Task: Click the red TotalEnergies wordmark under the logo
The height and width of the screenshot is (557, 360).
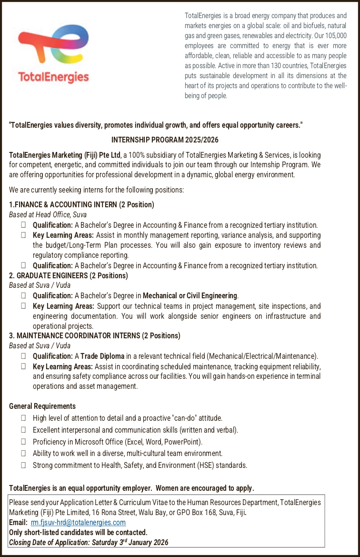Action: coord(53,77)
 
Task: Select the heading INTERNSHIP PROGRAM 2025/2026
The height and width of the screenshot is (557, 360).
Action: coord(164,140)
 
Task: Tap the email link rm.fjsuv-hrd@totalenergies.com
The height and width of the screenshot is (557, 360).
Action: coord(78,522)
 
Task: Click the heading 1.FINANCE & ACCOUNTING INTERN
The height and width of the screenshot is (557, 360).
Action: coord(81,204)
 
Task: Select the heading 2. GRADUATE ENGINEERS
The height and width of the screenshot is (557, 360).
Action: coord(69,275)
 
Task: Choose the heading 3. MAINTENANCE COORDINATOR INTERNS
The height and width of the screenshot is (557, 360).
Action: coord(95,335)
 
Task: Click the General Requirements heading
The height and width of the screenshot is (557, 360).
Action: coord(42,406)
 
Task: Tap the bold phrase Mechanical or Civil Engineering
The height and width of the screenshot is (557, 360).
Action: coord(190,296)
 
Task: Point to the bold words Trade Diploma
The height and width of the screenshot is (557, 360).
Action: coord(102,356)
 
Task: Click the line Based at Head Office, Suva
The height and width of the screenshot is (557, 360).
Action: coord(48,215)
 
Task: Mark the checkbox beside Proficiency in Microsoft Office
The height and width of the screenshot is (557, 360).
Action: coord(23,442)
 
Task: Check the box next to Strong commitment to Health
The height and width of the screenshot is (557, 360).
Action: coord(23,465)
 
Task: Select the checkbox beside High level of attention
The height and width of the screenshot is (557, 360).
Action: coord(23,418)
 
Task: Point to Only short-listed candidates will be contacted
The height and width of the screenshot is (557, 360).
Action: coord(78,532)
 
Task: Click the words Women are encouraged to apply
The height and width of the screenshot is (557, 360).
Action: coord(205,488)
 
